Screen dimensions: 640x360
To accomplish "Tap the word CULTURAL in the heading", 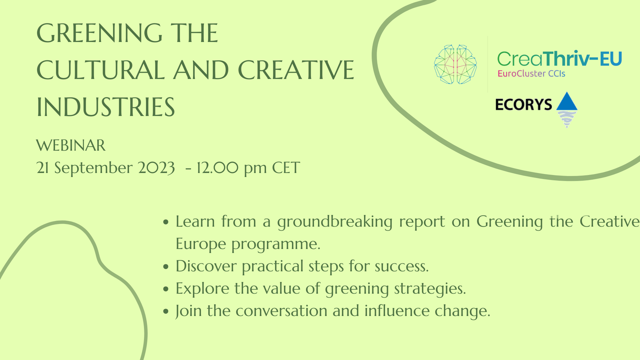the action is [x=101, y=70].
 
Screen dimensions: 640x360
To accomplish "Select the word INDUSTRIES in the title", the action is [x=106, y=107].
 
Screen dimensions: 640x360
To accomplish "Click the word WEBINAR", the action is [x=71, y=146].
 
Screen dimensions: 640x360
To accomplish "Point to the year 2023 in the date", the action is [x=156, y=168].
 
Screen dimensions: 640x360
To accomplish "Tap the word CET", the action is [x=286, y=168].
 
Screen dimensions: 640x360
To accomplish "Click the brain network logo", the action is [x=455, y=64].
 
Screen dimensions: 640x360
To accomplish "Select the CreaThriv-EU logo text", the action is [x=559, y=59].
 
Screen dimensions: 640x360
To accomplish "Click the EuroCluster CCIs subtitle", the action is [x=531, y=74].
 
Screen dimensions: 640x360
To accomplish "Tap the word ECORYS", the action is [x=524, y=105].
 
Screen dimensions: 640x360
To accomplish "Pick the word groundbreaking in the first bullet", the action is [x=335, y=222].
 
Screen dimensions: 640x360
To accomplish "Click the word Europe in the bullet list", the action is [x=201, y=244].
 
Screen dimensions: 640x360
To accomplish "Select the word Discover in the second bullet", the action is [x=206, y=266].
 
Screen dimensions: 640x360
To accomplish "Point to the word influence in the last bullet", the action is [x=397, y=311].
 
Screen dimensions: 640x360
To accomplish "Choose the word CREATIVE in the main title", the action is [x=296, y=70].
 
